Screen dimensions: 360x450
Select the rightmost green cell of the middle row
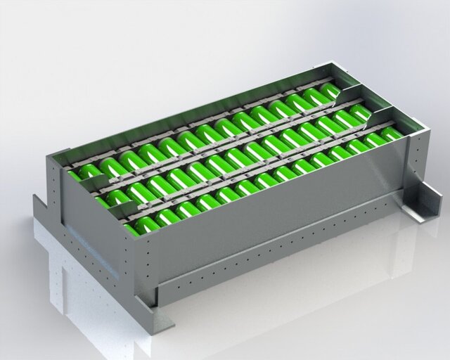point(359,112)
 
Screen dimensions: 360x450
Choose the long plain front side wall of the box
point(281,211)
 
